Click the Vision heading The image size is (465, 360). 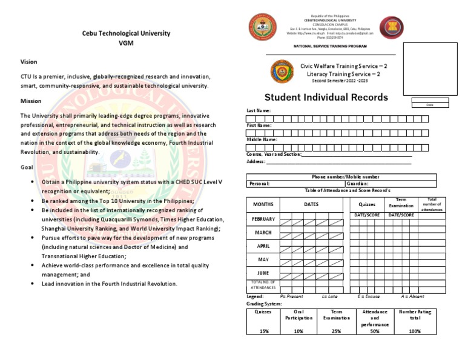28,62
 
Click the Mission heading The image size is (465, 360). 31,101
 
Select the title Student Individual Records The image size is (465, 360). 326,98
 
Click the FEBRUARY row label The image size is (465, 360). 263,219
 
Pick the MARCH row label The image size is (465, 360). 263,233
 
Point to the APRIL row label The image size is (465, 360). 263,246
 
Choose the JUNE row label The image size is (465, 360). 263,273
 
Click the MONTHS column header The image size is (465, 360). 263,204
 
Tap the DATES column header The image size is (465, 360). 311,204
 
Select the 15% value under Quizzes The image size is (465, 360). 263,331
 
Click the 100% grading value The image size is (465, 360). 415,331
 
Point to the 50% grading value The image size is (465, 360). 375,331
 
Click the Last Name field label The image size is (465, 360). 259,111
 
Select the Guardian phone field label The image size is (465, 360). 357,183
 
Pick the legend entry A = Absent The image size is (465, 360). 412,297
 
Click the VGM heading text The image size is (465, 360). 126,44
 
